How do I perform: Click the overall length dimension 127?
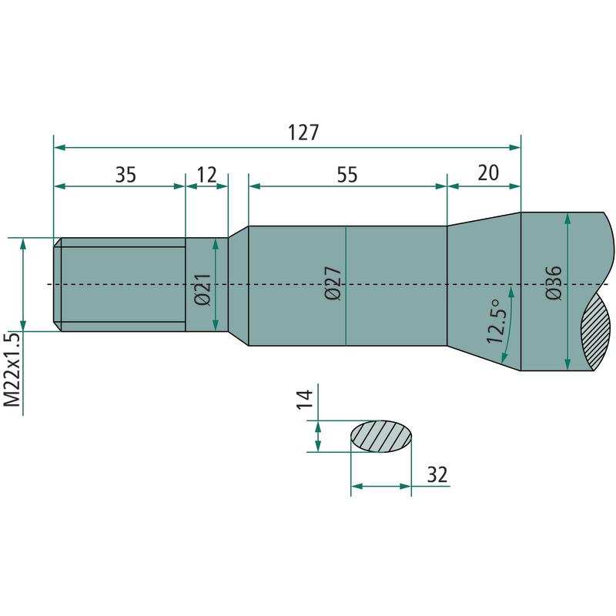(x=303, y=132)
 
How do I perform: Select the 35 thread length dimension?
(x=126, y=175)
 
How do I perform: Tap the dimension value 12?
(x=206, y=175)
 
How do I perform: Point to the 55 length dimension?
(x=347, y=175)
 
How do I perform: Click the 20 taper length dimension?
(x=488, y=172)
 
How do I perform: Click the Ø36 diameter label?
(x=554, y=283)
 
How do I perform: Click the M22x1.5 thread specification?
(x=12, y=370)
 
